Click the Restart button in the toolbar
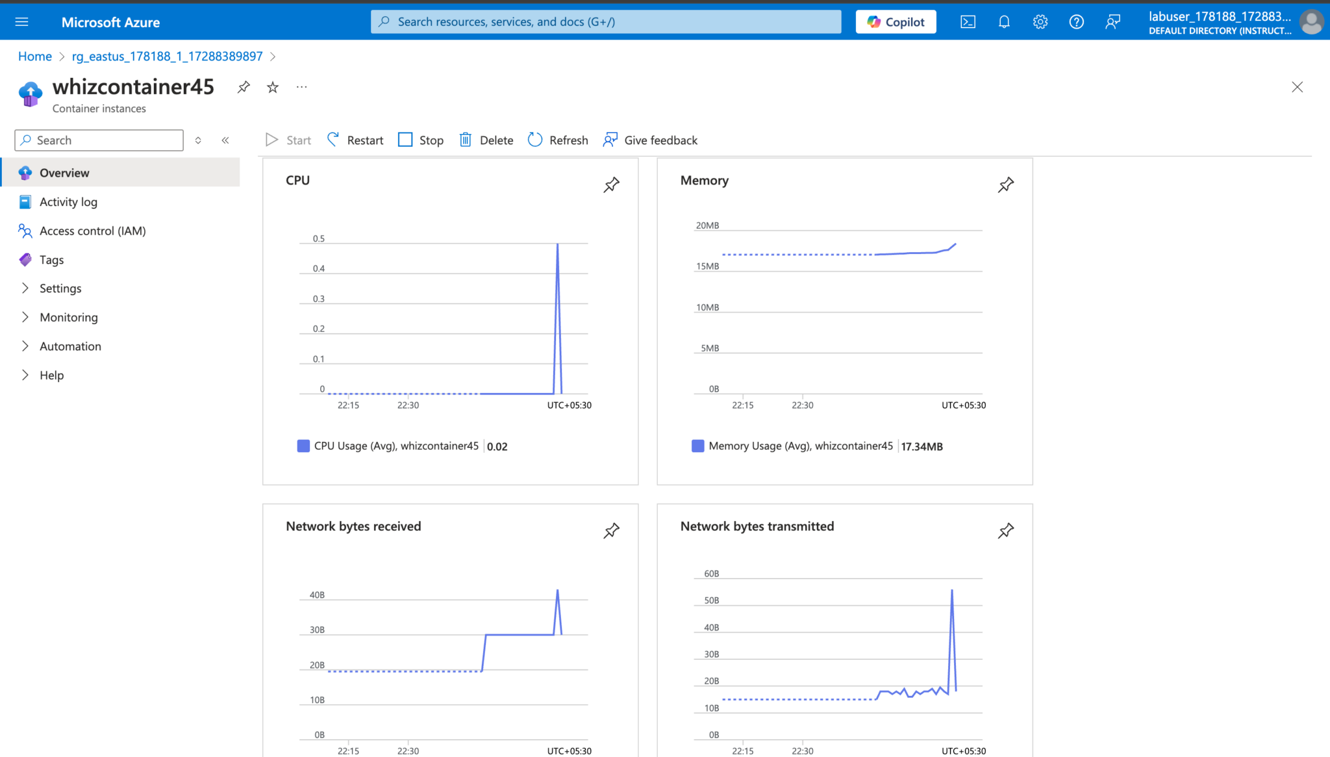(355, 140)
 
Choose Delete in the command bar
(486, 140)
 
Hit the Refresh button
(558, 140)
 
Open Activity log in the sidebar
(68, 202)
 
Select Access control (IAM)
(92, 231)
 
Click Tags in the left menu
(51, 260)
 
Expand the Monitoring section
(68, 318)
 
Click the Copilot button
(896, 22)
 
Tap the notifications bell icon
(1004, 22)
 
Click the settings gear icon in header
(1040, 22)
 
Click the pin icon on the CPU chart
(611, 185)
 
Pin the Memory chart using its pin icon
(1005, 185)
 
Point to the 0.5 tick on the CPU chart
(319, 239)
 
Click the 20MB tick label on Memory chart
(707, 226)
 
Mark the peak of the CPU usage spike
(557, 244)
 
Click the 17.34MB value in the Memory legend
(922, 446)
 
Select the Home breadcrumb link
(35, 57)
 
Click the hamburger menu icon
(21, 22)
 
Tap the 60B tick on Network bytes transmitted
(711, 574)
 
